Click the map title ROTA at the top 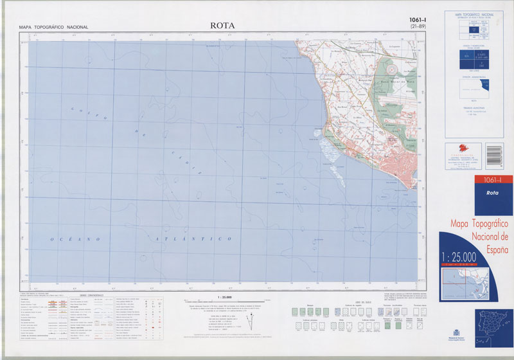point(222,26)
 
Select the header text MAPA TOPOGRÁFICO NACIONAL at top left point(53,27)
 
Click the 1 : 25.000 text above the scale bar point(225,297)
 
